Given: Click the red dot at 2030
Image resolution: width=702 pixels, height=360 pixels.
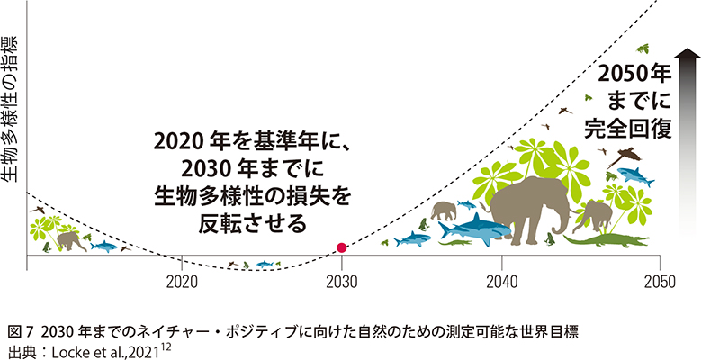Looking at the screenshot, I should pyautogui.click(x=341, y=247).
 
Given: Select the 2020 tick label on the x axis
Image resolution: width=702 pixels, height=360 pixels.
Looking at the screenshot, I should pyautogui.click(x=182, y=281).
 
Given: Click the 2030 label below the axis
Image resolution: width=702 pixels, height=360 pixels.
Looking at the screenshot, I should pyautogui.click(x=341, y=281).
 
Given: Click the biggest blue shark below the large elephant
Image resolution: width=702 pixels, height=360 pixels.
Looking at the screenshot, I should pyautogui.click(x=482, y=230).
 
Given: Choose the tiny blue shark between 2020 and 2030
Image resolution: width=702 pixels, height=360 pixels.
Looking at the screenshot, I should pyautogui.click(x=265, y=264).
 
